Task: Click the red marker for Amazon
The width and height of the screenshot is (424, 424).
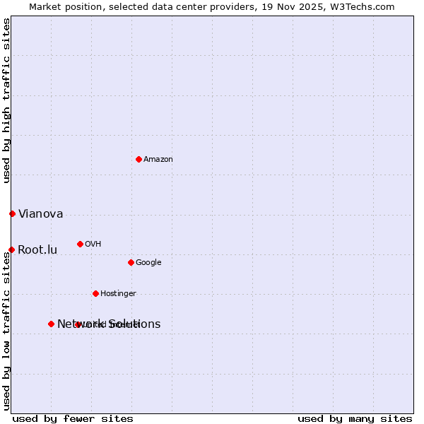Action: pos(139,159)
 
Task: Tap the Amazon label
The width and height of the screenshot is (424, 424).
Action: pos(158,160)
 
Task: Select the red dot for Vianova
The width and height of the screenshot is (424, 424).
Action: pos(12,213)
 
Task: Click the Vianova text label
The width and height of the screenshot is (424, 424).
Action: pos(40,214)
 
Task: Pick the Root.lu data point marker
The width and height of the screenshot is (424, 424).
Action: pos(11,249)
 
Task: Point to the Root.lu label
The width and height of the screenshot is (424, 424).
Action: pos(37,250)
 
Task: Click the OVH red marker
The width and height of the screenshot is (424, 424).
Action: pos(80,244)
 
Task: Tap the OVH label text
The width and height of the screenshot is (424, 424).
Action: pos(93,245)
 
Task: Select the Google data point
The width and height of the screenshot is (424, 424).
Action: pos(131,262)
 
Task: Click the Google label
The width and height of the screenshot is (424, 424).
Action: pos(148,263)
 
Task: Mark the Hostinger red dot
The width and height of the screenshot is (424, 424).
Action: pos(95,293)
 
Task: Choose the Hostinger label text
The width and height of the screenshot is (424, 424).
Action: pos(118,294)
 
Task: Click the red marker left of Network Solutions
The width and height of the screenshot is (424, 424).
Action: pos(51,324)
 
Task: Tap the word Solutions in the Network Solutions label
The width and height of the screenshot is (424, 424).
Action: pos(134,324)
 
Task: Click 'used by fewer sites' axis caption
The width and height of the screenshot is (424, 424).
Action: pos(73,419)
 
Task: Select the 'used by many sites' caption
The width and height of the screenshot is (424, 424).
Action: pos(355,419)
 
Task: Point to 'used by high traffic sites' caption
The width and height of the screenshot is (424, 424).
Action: pos(7,100)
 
